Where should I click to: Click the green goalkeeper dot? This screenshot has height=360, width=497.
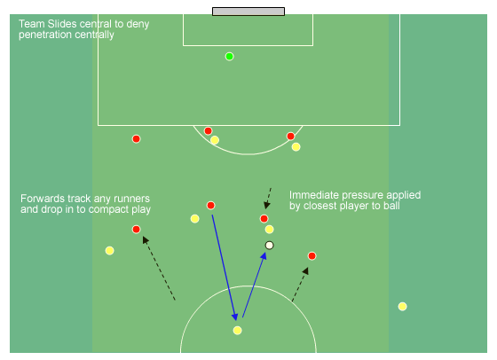coord(230,57)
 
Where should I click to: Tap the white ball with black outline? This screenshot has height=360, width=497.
coord(270,246)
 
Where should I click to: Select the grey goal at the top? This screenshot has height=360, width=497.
coord(248,12)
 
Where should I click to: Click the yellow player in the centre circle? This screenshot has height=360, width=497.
coord(238,331)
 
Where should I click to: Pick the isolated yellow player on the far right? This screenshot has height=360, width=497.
coord(403,307)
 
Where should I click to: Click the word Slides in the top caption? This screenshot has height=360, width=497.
coord(62,24)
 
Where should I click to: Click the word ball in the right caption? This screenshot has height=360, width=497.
coord(391,206)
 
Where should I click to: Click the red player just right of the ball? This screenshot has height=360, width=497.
coord(312,256)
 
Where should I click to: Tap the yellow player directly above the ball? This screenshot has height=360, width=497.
coord(270,230)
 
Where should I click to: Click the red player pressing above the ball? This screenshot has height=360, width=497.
coord(264,218)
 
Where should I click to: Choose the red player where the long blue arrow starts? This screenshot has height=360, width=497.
coord(211,206)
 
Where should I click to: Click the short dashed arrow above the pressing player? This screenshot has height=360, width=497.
coord(268,199)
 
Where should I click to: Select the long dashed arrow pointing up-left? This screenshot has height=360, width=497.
coord(159,268)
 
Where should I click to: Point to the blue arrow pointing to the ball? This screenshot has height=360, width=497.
coord(254,285)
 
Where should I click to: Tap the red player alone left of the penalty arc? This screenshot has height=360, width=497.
coord(137,138)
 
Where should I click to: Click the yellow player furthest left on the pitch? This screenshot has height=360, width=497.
coord(110,251)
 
